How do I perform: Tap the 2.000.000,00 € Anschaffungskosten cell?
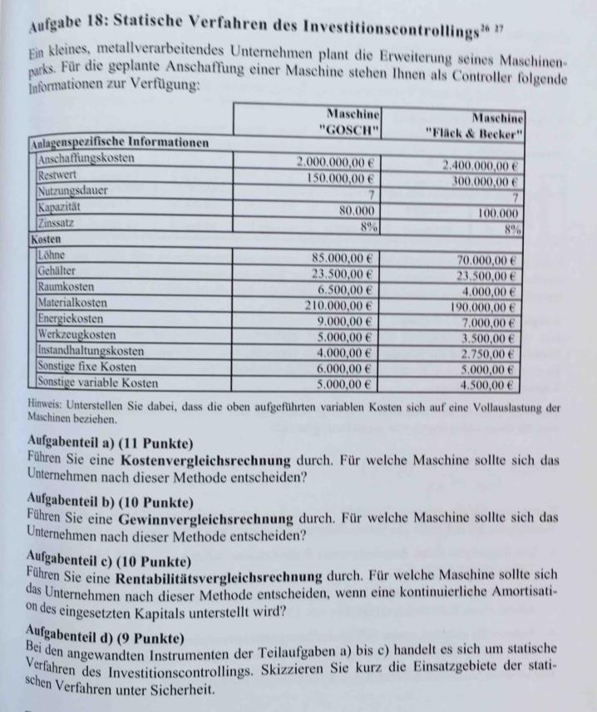point(337,162)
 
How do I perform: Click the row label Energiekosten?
point(71,318)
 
